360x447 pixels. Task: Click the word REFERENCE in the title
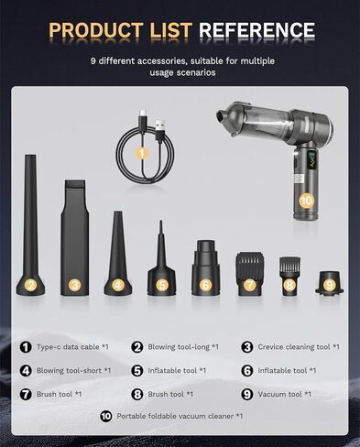[x=256, y=30]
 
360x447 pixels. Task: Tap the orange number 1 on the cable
[x=141, y=153]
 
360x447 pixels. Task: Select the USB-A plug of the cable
[x=159, y=129]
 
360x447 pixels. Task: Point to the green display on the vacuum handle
[x=312, y=159]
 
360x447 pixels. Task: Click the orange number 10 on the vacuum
[x=306, y=201]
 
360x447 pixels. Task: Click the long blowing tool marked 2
[x=30, y=225]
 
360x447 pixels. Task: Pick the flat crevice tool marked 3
[x=75, y=237]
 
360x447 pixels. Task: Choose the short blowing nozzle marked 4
[x=118, y=253]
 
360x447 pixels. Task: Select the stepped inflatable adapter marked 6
[x=205, y=267]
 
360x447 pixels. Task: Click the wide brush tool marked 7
[x=249, y=274]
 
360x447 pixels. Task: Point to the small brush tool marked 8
[x=289, y=277]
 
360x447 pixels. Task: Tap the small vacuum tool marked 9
[x=329, y=283]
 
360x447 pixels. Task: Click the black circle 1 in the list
[x=26, y=347]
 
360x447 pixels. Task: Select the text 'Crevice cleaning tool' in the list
[x=294, y=347]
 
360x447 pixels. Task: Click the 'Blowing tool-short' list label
[x=69, y=370]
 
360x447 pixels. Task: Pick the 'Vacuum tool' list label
[x=279, y=394]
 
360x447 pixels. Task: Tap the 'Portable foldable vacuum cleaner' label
[x=175, y=416]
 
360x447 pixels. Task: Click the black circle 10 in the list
[x=106, y=416]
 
